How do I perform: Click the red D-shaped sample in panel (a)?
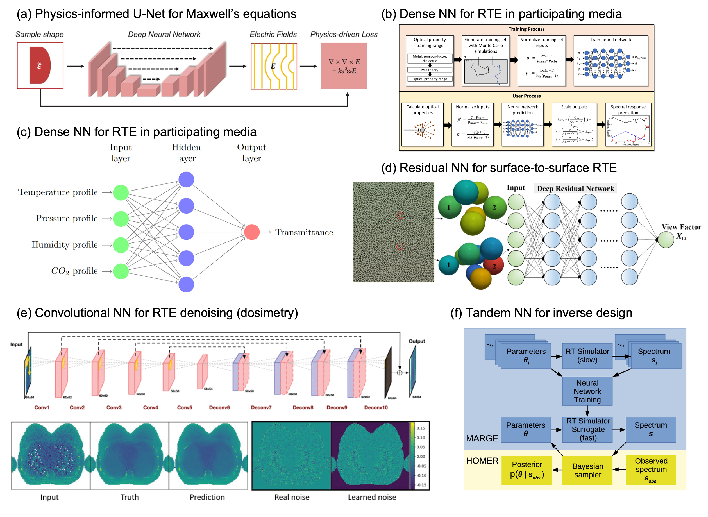40,65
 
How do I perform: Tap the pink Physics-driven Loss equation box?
344,66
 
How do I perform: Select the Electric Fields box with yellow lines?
274,66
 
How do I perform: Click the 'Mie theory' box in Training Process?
430,70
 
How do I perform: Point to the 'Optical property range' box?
430,79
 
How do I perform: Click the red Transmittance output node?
251,232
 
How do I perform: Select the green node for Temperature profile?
121,192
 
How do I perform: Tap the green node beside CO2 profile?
121,271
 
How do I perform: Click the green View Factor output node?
666,239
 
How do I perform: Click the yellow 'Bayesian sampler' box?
587,470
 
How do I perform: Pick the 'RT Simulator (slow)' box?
587,355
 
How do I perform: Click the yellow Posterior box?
527,470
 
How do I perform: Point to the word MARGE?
482,438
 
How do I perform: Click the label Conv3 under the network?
114,407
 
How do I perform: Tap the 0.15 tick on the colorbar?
421,428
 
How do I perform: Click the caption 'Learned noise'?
372,497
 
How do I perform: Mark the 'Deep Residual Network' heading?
575,189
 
